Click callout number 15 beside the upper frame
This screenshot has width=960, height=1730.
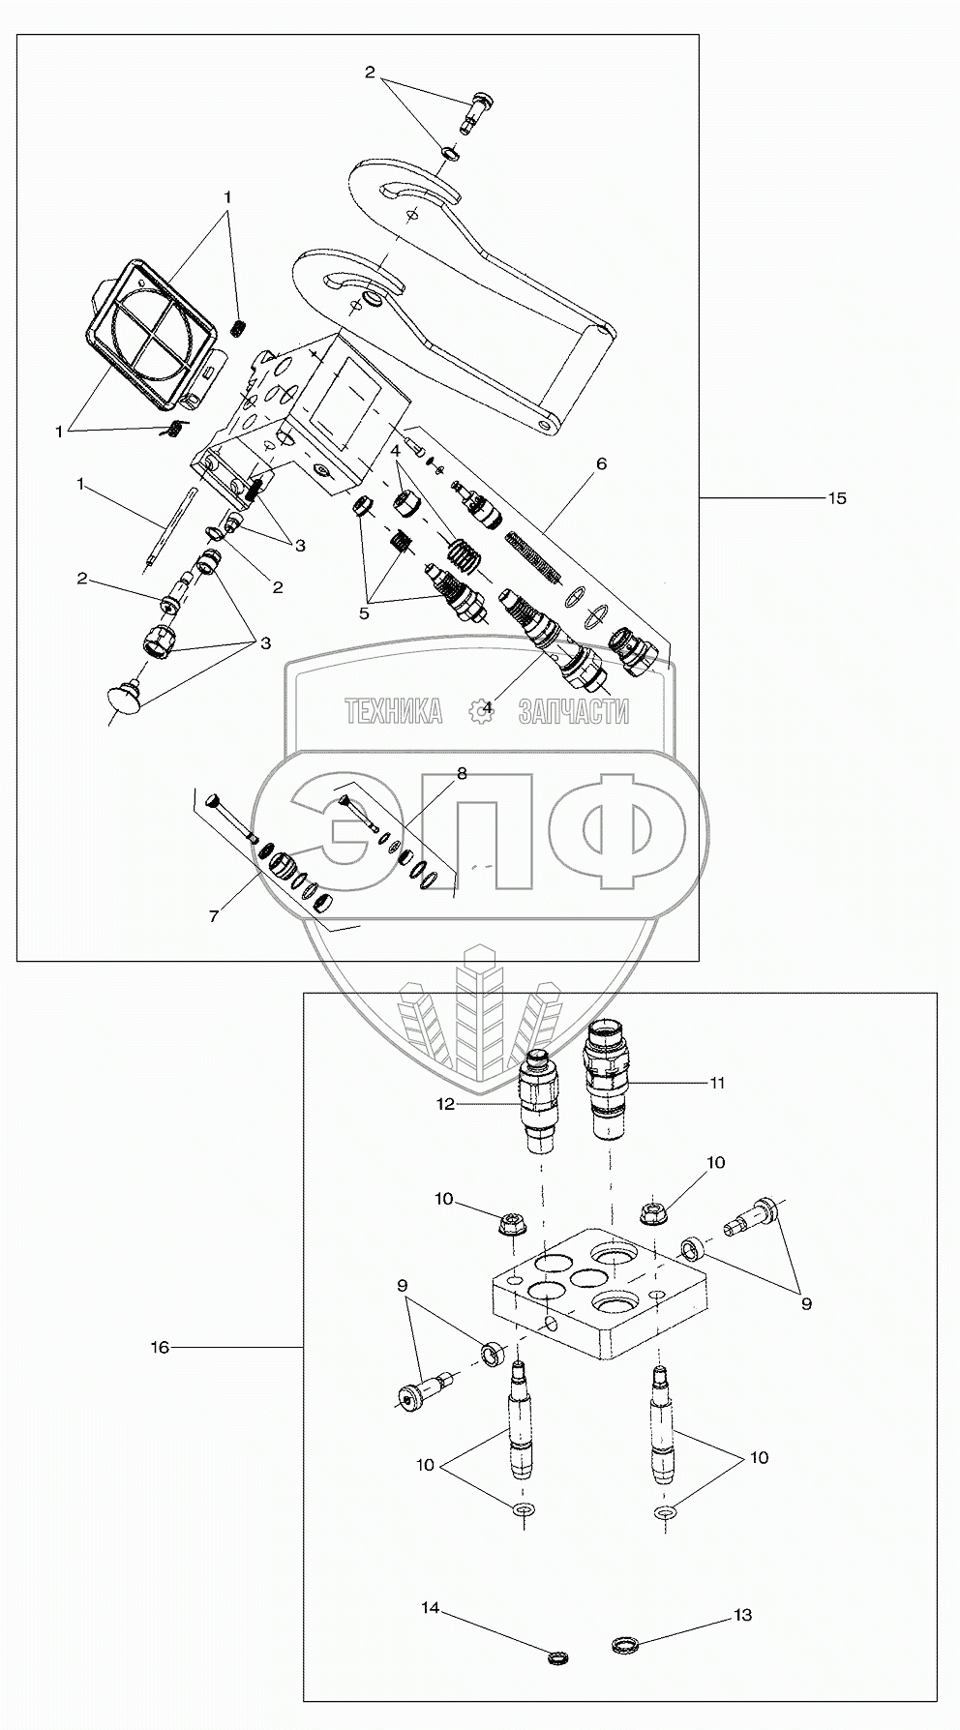pyautogui.click(x=837, y=498)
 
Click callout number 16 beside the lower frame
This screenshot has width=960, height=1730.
pyautogui.click(x=160, y=1347)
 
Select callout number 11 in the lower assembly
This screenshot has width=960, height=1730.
pyautogui.click(x=717, y=1083)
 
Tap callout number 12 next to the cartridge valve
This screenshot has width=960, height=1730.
pyautogui.click(x=445, y=1103)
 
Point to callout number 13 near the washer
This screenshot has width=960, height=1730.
pyautogui.click(x=743, y=1615)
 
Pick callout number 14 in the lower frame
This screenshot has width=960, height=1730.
pyautogui.click(x=430, y=1608)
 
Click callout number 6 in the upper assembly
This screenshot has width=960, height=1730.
pyautogui.click(x=601, y=463)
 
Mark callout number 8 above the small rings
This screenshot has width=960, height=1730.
pyautogui.click(x=462, y=773)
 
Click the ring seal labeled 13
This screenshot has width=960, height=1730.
pyautogui.click(x=625, y=1645)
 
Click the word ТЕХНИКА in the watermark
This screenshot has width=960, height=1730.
pyautogui.click(x=393, y=712)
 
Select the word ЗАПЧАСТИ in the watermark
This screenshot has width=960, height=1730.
pyautogui.click(x=574, y=712)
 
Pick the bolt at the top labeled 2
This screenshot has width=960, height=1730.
pyautogui.click(x=479, y=109)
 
